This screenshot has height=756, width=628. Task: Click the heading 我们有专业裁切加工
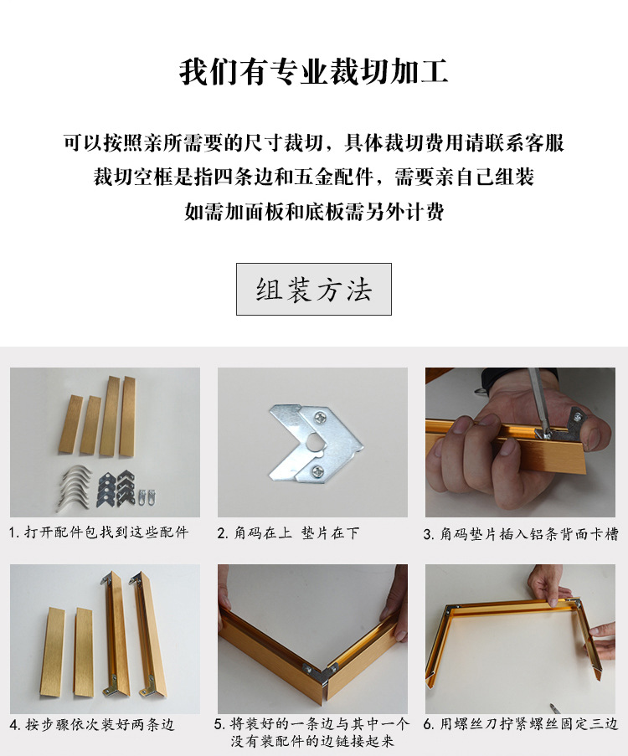point(313,72)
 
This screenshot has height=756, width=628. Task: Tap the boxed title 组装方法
point(313,290)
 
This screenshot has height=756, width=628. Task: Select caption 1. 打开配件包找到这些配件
point(99,532)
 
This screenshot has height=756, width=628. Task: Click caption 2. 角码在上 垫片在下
point(288,532)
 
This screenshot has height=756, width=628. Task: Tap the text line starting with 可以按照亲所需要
point(313,143)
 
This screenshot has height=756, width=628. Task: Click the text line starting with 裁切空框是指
point(313,177)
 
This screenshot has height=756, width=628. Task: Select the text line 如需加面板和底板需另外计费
point(313,212)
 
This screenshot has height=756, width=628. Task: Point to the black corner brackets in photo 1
point(116,485)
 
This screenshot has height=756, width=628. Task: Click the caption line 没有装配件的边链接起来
point(312,742)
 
